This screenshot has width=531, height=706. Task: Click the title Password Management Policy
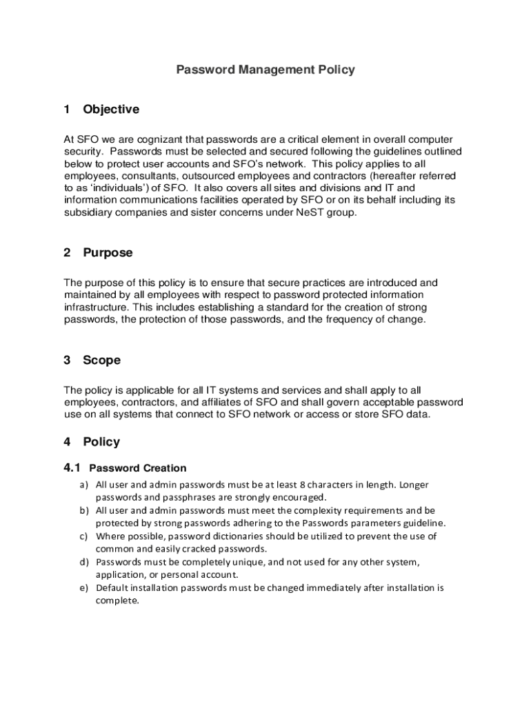265,70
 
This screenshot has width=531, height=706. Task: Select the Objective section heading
111,110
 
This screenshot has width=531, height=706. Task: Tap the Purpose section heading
108,253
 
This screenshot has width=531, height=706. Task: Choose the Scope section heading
101,361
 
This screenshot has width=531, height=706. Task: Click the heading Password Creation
138,468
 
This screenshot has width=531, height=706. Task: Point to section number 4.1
73,468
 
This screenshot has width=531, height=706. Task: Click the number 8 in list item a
302,485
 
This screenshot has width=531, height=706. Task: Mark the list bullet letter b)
84,511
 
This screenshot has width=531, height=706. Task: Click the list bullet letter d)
84,563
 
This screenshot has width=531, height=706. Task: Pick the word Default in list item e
110,588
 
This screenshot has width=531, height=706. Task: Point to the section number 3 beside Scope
68,361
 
